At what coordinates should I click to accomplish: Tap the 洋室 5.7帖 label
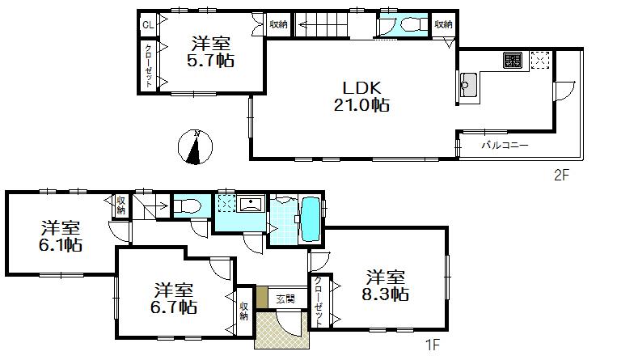(x=213, y=51)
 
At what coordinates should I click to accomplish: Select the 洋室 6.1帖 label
(x=61, y=235)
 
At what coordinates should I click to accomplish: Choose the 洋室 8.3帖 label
(x=385, y=284)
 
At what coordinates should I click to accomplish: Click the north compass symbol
(x=194, y=146)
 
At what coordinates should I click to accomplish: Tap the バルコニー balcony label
(x=505, y=146)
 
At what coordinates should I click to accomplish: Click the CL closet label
(x=148, y=25)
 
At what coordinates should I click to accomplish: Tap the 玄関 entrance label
(x=284, y=299)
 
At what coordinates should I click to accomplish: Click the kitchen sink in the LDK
(x=467, y=83)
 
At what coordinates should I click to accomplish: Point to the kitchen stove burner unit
(x=513, y=60)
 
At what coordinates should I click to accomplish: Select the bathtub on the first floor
(x=310, y=218)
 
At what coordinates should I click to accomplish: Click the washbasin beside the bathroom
(x=249, y=203)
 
